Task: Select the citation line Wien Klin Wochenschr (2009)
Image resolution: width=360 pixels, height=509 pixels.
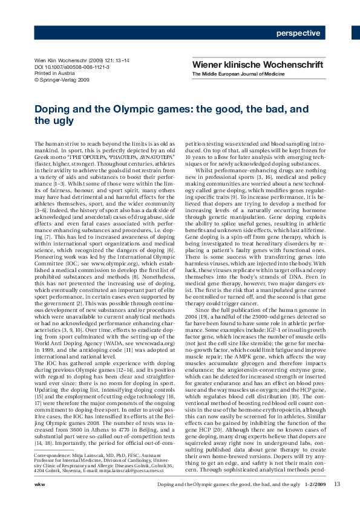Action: (x=68, y=61)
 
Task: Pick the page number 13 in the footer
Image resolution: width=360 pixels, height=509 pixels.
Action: (x=337, y=500)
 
